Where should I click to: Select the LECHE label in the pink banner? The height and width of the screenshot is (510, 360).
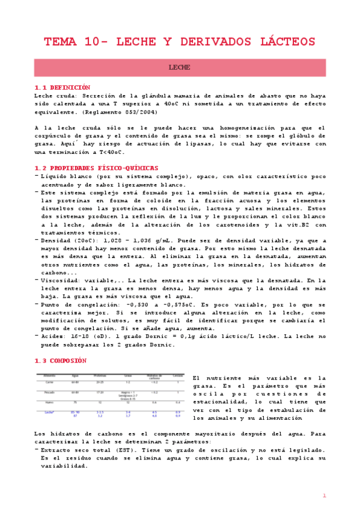[x=180, y=67]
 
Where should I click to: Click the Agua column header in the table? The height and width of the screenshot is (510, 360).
[x=75, y=375]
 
